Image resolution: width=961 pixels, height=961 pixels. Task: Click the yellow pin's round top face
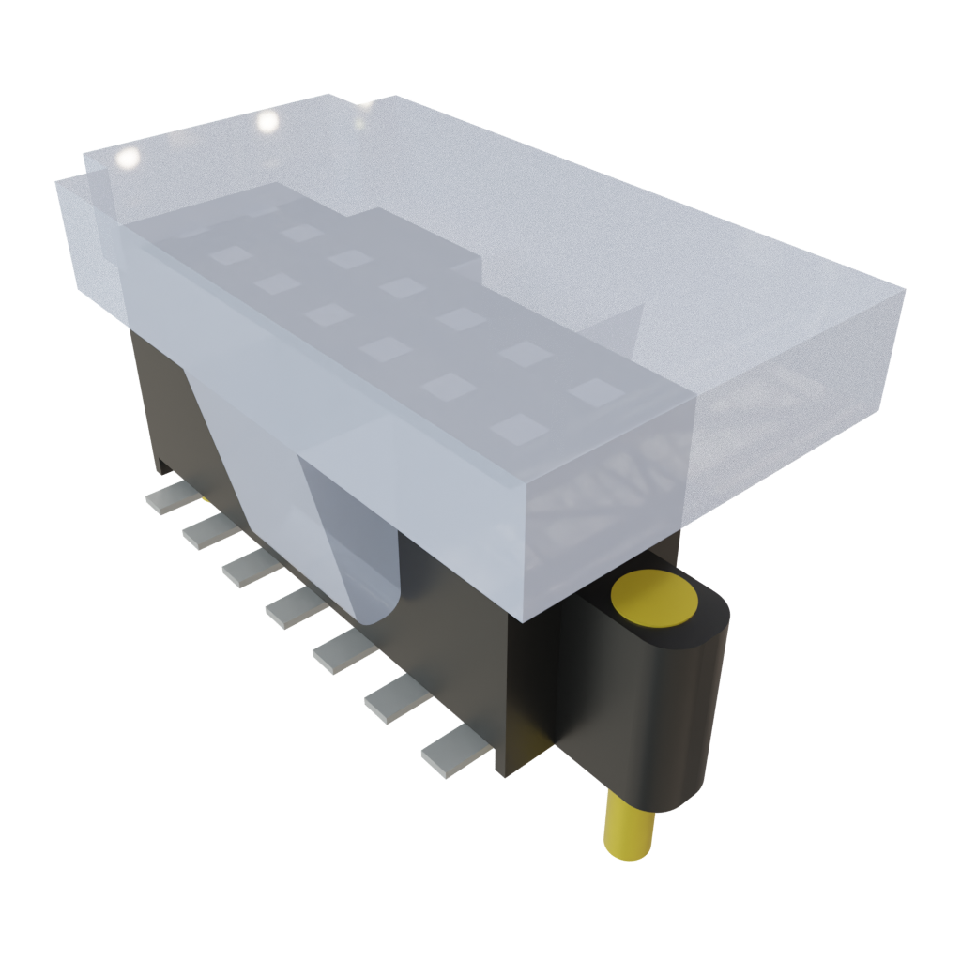pos(654,597)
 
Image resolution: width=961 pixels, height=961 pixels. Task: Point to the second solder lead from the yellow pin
pos(393,699)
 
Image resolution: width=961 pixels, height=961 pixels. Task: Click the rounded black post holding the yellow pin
pos(690,713)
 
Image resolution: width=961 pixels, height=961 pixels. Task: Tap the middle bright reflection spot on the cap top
pos(267,121)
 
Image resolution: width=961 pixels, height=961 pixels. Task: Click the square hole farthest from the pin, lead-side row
pos(226,254)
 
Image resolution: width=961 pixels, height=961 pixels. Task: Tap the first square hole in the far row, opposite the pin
pos(301,231)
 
